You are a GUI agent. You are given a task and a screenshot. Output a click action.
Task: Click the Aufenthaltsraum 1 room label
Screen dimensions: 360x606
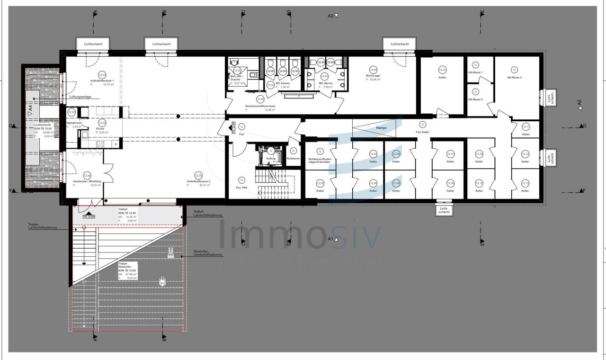coord(102,81)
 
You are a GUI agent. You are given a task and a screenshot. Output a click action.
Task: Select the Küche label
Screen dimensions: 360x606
coord(100,128)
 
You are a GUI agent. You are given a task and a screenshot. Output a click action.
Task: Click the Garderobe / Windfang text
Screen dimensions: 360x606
coord(87,181)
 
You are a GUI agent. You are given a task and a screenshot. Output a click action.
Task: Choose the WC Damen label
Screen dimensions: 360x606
coord(283,83)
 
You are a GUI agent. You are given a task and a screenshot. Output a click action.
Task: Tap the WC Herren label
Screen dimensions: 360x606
coord(325,83)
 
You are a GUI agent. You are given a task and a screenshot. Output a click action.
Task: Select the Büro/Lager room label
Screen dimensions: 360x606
coord(373,75)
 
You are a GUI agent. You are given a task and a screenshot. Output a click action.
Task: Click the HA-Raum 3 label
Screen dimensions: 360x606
coord(475,99)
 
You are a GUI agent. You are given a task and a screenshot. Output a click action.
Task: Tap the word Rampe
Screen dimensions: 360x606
coord(382,128)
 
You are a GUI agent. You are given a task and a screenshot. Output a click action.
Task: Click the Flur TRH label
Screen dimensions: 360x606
coord(241,188)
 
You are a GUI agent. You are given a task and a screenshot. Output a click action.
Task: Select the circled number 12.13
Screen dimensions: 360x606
coord(525,184)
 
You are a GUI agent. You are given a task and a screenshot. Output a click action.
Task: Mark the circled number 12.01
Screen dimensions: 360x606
coord(443,70)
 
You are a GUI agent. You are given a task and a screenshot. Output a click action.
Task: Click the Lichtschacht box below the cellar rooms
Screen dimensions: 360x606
coord(444,210)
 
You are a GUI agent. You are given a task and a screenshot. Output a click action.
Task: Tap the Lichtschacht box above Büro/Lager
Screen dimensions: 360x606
coord(400,44)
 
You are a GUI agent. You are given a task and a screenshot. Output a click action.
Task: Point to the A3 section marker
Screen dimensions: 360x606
coord(333,16)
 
